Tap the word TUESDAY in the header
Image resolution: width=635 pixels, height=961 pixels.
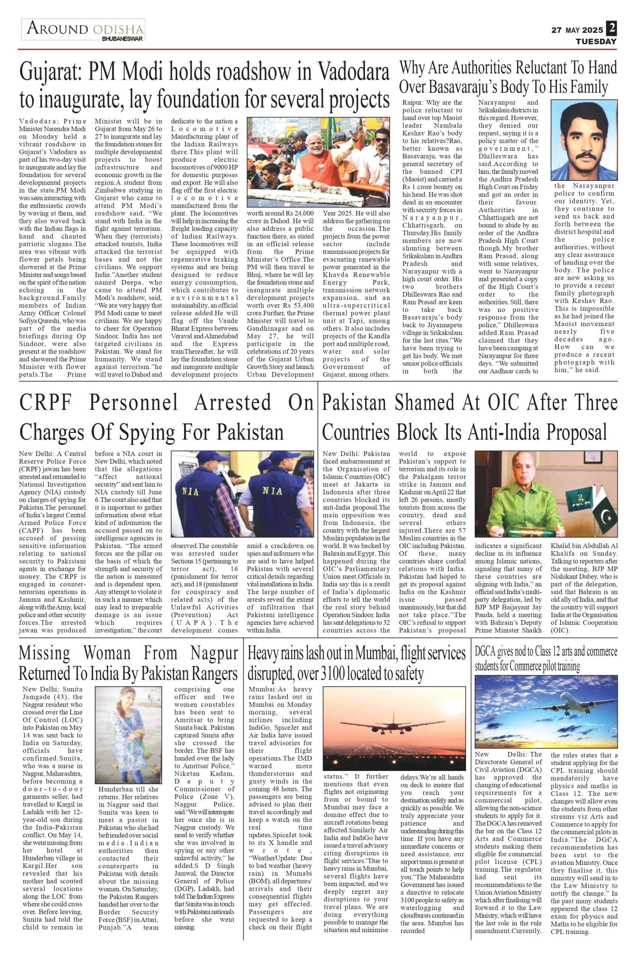[x=597, y=42]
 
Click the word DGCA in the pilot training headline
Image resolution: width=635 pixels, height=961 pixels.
[x=486, y=652]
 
